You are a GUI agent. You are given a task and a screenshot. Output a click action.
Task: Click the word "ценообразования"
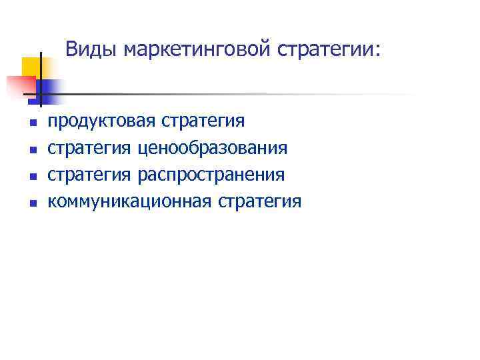(213, 147)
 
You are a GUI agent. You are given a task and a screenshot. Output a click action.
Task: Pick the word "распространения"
(211, 175)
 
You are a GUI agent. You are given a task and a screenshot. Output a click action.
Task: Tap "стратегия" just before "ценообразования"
(90, 147)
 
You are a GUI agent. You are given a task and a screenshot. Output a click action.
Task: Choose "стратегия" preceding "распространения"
(90, 175)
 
